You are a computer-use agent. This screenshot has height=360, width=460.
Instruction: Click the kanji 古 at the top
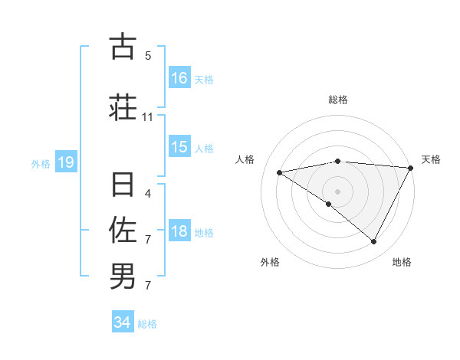123,47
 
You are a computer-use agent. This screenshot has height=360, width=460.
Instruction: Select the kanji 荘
123,106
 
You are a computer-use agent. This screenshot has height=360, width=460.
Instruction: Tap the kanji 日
123,186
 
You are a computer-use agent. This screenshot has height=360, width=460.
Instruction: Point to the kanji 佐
123,230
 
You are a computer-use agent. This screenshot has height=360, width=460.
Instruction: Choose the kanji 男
123,276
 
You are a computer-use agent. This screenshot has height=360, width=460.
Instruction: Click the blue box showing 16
179,77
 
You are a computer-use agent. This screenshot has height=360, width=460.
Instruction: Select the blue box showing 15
179,147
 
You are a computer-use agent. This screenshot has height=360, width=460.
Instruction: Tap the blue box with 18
179,231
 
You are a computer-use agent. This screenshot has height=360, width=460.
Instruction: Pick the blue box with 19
65,162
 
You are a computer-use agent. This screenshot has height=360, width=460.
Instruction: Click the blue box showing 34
123,322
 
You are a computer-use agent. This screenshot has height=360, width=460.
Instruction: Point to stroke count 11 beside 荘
148,118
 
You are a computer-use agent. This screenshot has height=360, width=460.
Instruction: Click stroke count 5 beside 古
148,56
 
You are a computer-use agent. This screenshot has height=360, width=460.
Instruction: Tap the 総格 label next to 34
147,324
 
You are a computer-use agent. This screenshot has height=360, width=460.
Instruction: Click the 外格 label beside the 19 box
41,163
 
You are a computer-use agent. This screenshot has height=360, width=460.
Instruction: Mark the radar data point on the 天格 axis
411,168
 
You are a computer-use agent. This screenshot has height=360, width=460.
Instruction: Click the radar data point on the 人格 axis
280,172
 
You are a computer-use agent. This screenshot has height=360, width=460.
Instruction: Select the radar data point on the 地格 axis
374,242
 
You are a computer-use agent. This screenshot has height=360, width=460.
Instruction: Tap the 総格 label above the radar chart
338,100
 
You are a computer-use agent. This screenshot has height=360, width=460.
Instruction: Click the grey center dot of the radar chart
338,191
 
